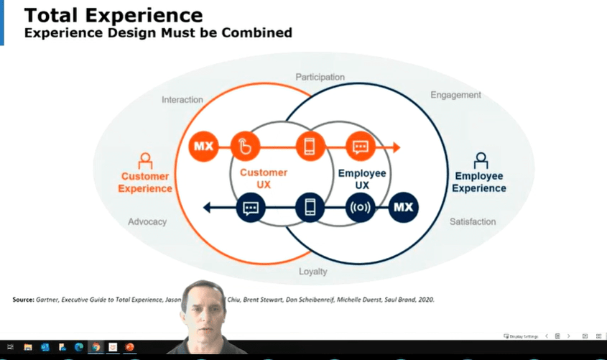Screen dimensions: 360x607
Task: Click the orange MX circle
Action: point(203,147)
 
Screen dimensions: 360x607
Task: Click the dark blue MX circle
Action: point(404,208)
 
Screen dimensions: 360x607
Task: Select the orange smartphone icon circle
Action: point(310,147)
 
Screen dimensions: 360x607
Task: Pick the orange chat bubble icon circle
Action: point(360,147)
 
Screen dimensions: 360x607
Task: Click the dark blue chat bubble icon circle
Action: point(250,208)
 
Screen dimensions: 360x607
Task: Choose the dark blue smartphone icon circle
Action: point(310,208)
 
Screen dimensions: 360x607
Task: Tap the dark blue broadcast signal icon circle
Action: point(360,208)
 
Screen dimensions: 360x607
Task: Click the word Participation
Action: point(320,77)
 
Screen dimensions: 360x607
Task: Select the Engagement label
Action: point(455,95)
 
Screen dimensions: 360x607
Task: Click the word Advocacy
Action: point(147,222)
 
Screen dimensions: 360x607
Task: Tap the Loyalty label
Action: point(312,272)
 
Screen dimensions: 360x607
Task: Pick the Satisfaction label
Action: point(473,222)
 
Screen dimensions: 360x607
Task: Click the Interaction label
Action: point(182,100)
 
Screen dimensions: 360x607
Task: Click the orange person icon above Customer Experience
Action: point(145,160)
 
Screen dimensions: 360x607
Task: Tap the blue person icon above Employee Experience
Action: point(481,160)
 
